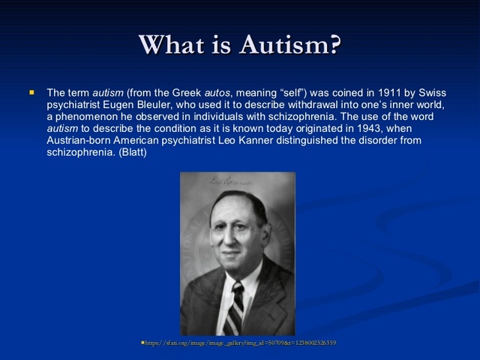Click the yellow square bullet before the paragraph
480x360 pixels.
click(x=31, y=92)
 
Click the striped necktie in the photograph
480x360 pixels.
click(x=235, y=307)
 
